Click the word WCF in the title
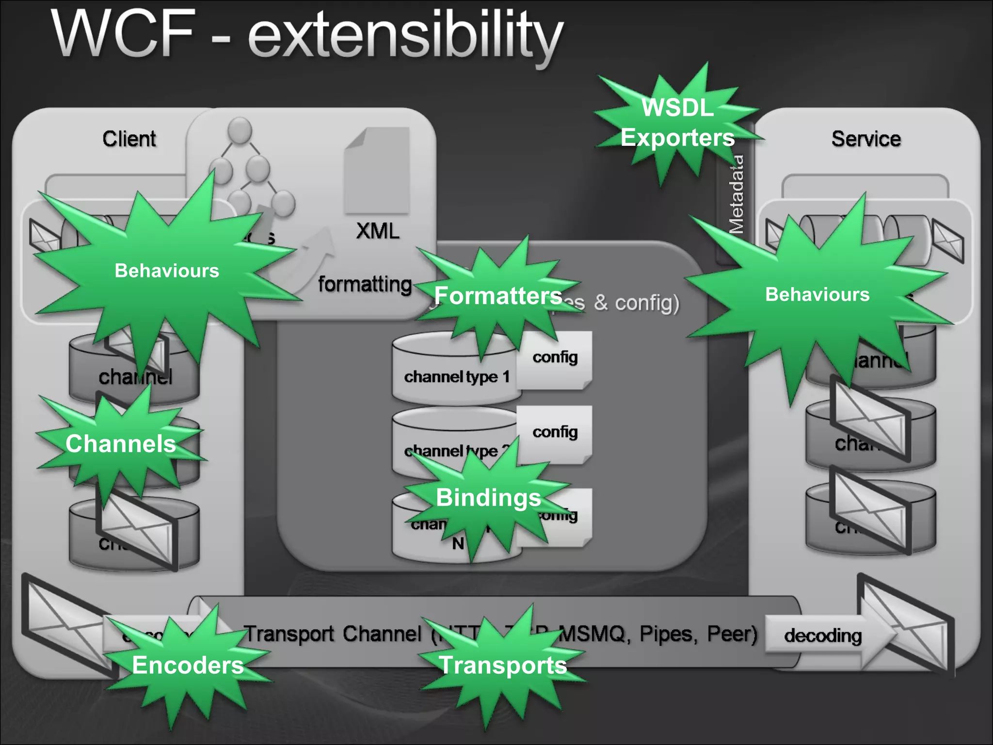pos(124,34)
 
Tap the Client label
pos(129,139)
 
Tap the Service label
pos(866,139)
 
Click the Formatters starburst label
pos(498,295)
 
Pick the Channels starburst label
pos(120,443)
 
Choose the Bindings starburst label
pos(488,498)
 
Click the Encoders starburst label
pos(188,665)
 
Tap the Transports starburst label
pos(503,665)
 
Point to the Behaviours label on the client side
pos(167,271)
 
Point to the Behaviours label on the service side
pos(817,294)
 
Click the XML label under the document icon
pos(378,231)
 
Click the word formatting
pos(365,284)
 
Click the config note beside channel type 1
pos(555,357)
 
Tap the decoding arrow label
pos(823,635)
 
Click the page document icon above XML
pos(377,171)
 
